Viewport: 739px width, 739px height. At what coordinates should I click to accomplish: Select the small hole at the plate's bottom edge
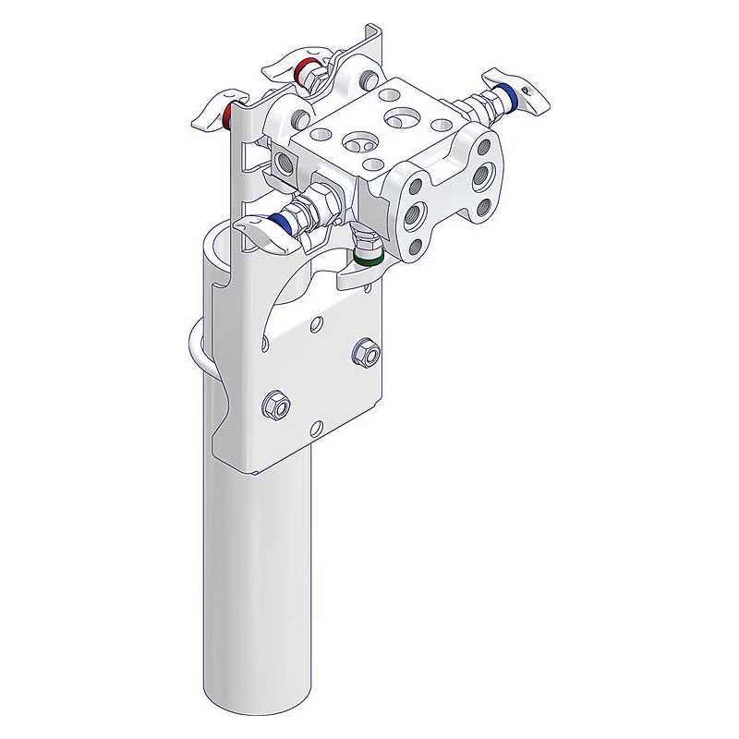[317, 427]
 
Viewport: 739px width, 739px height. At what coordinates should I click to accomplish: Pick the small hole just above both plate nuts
[318, 322]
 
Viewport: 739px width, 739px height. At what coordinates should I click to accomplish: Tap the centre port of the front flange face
[415, 218]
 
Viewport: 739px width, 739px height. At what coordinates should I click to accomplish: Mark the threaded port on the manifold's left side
[284, 160]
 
